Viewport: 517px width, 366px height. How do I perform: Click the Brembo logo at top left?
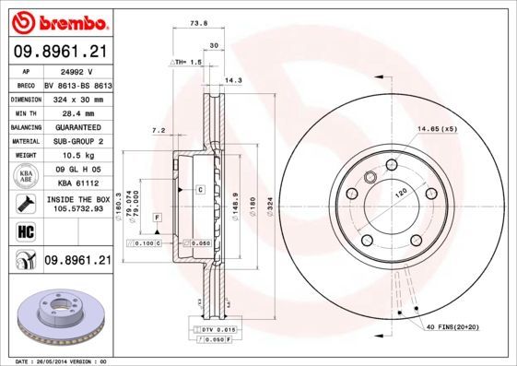(56, 20)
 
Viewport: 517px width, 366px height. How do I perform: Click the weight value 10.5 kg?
(75, 156)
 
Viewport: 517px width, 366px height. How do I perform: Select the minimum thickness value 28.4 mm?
(75, 112)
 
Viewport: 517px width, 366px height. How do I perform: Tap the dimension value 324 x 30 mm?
(75, 98)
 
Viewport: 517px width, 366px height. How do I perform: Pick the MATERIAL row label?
(25, 141)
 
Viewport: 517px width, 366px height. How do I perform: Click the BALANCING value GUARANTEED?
(75, 126)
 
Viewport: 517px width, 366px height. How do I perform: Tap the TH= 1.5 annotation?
(187, 61)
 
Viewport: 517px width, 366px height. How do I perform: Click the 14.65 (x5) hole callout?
(437, 128)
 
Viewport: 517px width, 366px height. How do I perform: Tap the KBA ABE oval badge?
(25, 178)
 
